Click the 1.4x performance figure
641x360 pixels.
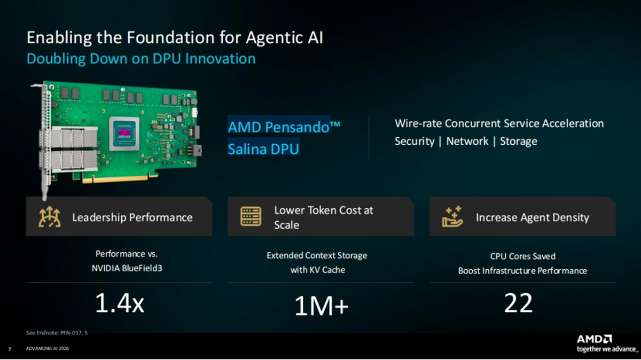[x=120, y=303]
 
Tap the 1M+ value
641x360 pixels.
[x=322, y=306]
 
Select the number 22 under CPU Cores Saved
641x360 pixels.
[x=518, y=303]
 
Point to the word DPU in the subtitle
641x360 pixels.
[x=167, y=59]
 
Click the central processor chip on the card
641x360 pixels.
[x=124, y=134]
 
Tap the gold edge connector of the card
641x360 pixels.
[x=120, y=178]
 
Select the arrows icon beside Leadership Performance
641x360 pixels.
[x=50, y=217]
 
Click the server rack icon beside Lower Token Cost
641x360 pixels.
[x=251, y=216]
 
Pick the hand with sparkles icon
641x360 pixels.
[x=452, y=216]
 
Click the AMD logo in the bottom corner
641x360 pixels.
[x=595, y=339]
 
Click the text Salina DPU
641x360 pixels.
[x=263, y=149]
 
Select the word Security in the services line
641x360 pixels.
[x=415, y=142]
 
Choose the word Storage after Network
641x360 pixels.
[x=519, y=142]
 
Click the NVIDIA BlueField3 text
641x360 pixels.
[x=127, y=269]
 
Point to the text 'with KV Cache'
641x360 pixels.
[x=318, y=270]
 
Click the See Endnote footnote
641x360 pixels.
[x=57, y=333]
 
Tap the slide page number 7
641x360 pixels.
[x=10, y=349]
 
